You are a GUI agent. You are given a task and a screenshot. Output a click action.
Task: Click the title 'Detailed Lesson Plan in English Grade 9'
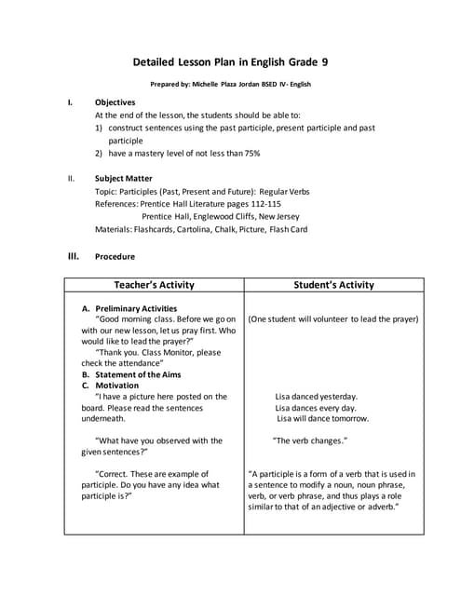tap(230, 62)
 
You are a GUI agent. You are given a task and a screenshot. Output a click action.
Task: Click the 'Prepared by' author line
tap(230, 84)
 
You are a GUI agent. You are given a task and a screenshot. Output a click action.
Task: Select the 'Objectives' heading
tap(115, 102)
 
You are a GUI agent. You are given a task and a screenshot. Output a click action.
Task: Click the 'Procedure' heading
tap(115, 256)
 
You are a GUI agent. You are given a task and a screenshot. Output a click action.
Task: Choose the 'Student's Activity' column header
tap(333, 285)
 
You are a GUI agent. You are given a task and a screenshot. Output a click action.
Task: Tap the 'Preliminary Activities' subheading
tap(136, 308)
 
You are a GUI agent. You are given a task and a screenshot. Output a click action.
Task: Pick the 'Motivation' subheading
tap(117, 386)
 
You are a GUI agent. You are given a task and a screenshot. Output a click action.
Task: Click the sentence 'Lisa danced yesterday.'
tap(316, 397)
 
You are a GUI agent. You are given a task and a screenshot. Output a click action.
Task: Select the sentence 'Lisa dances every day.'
tap(316, 408)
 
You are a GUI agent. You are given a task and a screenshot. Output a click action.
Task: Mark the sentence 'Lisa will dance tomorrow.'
tap(322, 419)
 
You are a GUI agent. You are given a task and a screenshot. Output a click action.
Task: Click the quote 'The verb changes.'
tap(310, 440)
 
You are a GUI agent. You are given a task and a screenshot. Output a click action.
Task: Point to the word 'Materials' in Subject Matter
tap(115, 229)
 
